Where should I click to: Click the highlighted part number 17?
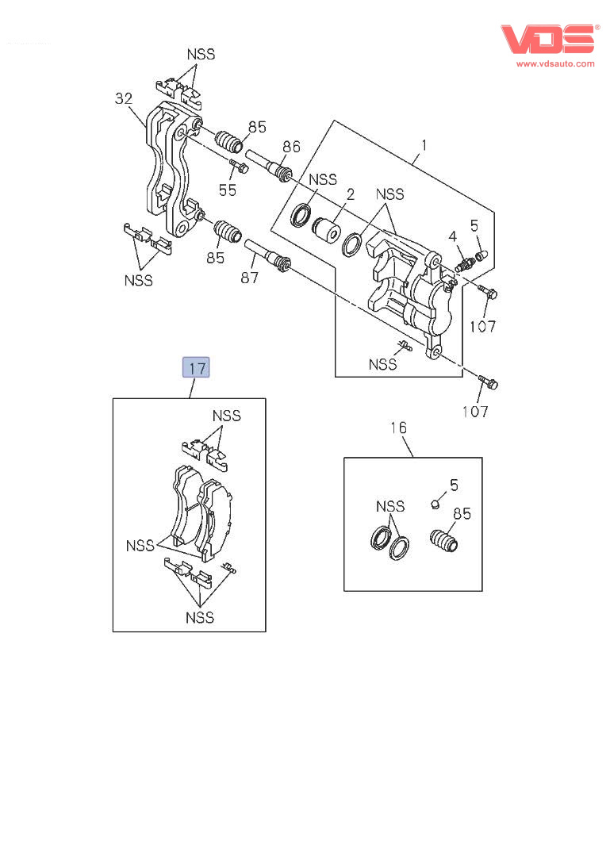point(196,368)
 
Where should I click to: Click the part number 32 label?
point(123,99)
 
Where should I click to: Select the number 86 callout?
point(291,146)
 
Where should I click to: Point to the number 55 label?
point(228,190)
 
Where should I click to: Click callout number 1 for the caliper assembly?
point(424,145)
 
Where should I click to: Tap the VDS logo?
point(547,39)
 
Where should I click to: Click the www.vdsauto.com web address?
point(555,63)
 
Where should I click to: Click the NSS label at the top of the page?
point(201,55)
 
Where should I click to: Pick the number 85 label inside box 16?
point(462,513)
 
